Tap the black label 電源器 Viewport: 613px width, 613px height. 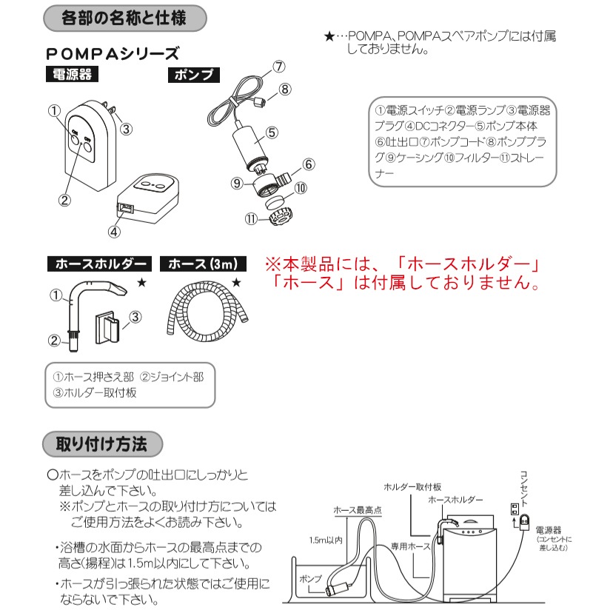(x=71, y=75)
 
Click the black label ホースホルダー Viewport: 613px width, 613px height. (x=99, y=264)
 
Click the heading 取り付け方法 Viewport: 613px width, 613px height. (x=101, y=445)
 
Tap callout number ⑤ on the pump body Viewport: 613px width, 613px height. (x=271, y=133)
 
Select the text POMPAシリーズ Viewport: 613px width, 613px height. (x=112, y=54)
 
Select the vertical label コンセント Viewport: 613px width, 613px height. (x=523, y=485)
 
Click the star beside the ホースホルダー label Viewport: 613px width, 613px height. (x=141, y=283)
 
